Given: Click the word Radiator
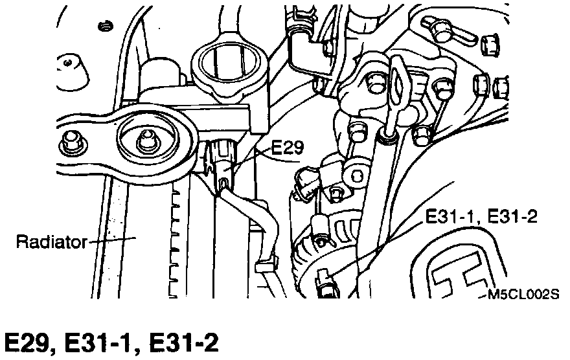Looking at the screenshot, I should (50, 243).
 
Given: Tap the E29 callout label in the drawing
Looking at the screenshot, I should (287, 148).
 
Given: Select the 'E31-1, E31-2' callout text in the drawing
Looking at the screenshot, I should (481, 216).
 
